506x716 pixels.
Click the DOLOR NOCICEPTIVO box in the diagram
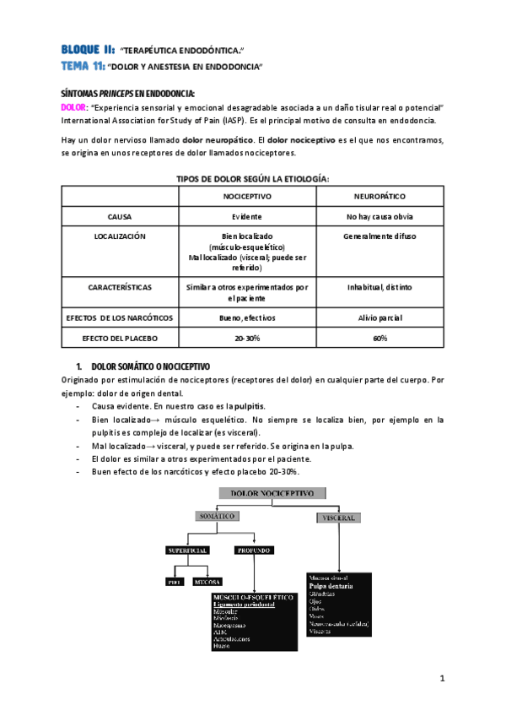(x=266, y=491)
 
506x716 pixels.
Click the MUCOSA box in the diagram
(x=207, y=581)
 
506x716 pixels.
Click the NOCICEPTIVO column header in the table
(x=246, y=195)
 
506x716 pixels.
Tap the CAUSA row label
(x=119, y=216)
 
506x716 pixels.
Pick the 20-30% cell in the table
(x=246, y=338)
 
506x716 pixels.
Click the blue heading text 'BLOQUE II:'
(x=88, y=49)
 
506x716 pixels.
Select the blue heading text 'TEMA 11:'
(x=82, y=65)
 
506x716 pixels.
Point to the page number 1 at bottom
(x=442, y=678)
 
